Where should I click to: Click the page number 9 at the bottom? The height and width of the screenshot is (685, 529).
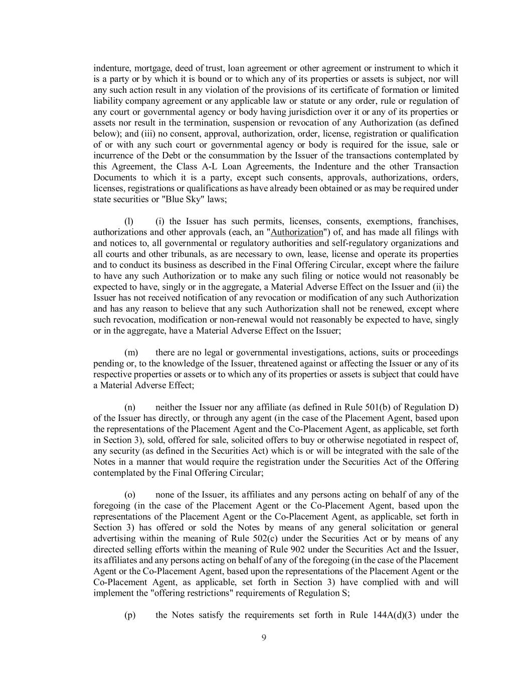(264, 638)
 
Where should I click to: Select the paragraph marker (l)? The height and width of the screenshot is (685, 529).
(129, 221)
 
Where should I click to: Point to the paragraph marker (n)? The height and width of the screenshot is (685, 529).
(130, 407)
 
